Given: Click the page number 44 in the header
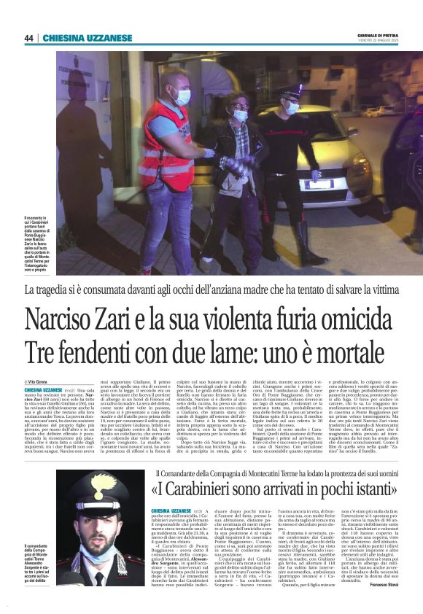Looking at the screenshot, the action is tap(28, 38).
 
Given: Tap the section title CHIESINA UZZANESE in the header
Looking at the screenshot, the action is tap(77, 38).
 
